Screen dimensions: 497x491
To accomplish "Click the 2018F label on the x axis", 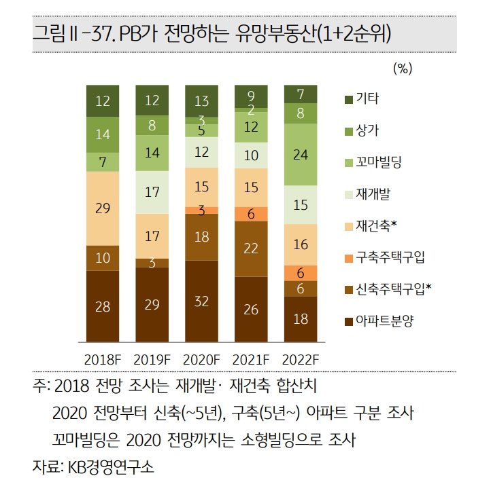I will point(103,358).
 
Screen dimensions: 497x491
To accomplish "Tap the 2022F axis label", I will point(300,358).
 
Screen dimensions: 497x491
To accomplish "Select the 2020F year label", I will point(201,358).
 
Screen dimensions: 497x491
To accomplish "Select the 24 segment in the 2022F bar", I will point(300,155).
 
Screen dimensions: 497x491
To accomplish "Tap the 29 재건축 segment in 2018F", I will point(103,208).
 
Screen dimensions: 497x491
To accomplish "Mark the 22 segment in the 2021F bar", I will point(251,248).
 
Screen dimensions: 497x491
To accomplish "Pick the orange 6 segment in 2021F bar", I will point(251,213).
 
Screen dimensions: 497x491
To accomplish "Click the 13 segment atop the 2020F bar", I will point(201,101).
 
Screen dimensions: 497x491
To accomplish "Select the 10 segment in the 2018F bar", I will point(103,258).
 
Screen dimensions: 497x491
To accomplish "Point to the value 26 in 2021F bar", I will point(251,309).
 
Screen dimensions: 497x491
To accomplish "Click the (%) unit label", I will point(403,68).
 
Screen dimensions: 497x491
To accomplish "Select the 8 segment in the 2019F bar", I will point(152,125).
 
